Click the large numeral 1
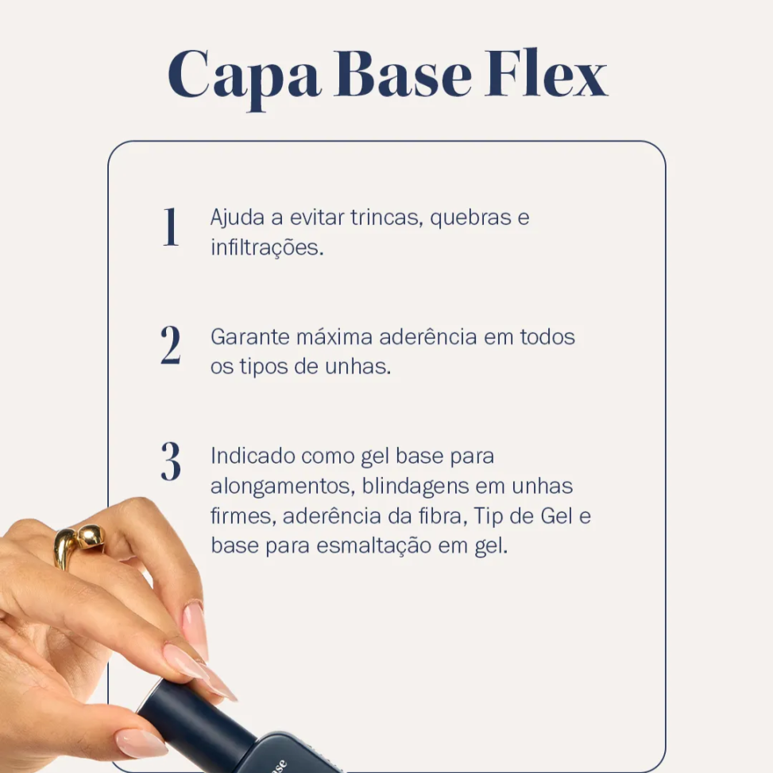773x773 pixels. pos(170,227)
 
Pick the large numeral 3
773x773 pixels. pos(170,462)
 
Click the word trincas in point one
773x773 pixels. pos(387,218)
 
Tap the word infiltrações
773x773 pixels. pos(267,247)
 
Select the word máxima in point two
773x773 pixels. pos(334,337)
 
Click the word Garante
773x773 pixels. pos(249,337)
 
